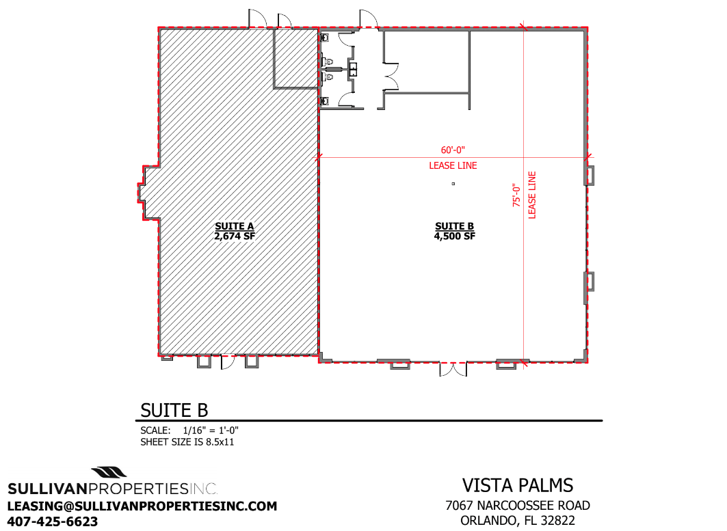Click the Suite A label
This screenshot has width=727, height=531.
pyautogui.click(x=234, y=226)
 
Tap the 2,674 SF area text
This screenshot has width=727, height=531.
pyautogui.click(x=235, y=236)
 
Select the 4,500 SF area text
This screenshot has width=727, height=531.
pyautogui.click(x=454, y=236)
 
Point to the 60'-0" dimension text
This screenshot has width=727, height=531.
pyautogui.click(x=453, y=150)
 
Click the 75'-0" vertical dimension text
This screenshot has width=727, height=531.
pyautogui.click(x=516, y=195)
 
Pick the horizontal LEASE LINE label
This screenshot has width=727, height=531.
pyautogui.click(x=453, y=165)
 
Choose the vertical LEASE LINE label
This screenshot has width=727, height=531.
pyautogui.click(x=532, y=195)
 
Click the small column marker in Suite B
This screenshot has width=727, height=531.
pyautogui.click(x=453, y=184)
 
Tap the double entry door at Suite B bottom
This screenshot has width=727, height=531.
pyautogui.click(x=453, y=369)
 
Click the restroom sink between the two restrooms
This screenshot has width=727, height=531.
pyautogui.click(x=353, y=69)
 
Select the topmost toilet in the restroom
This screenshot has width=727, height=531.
pyautogui.click(x=325, y=37)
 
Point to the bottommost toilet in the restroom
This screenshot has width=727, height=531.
pyautogui.click(x=325, y=100)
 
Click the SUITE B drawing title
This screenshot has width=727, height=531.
pyautogui.click(x=174, y=411)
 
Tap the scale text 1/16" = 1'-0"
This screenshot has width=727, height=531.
pyautogui.click(x=211, y=431)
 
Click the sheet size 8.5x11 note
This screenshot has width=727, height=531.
pyautogui.click(x=187, y=442)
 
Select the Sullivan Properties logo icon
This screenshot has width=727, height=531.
pyautogui.click(x=109, y=473)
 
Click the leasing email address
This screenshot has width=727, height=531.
pyautogui.click(x=142, y=506)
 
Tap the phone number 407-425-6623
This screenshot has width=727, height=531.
pyautogui.click(x=53, y=521)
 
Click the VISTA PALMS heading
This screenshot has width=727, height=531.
pyautogui.click(x=518, y=486)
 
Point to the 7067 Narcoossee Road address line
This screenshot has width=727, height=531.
pyautogui.click(x=518, y=506)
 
